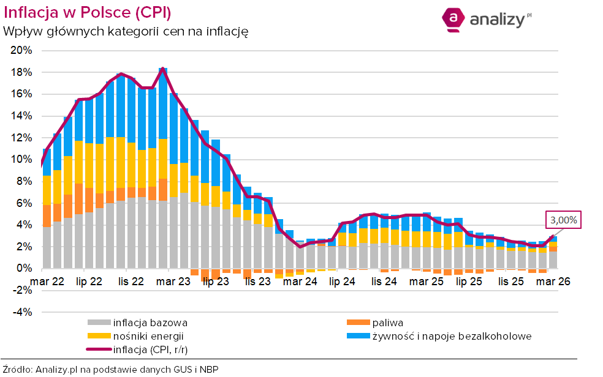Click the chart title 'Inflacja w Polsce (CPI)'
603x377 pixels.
click(87, 12)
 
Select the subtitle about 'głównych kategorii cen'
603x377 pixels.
click(126, 31)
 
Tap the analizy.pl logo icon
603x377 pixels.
click(453, 19)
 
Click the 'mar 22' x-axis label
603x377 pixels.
click(47, 282)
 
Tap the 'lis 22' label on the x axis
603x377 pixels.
click(131, 282)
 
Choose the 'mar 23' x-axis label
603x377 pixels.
click(173, 282)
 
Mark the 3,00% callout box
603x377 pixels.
click(563, 220)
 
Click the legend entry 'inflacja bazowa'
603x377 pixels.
click(150, 323)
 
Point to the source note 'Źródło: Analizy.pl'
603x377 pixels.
click(110, 369)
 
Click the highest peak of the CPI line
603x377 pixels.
click(162, 69)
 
